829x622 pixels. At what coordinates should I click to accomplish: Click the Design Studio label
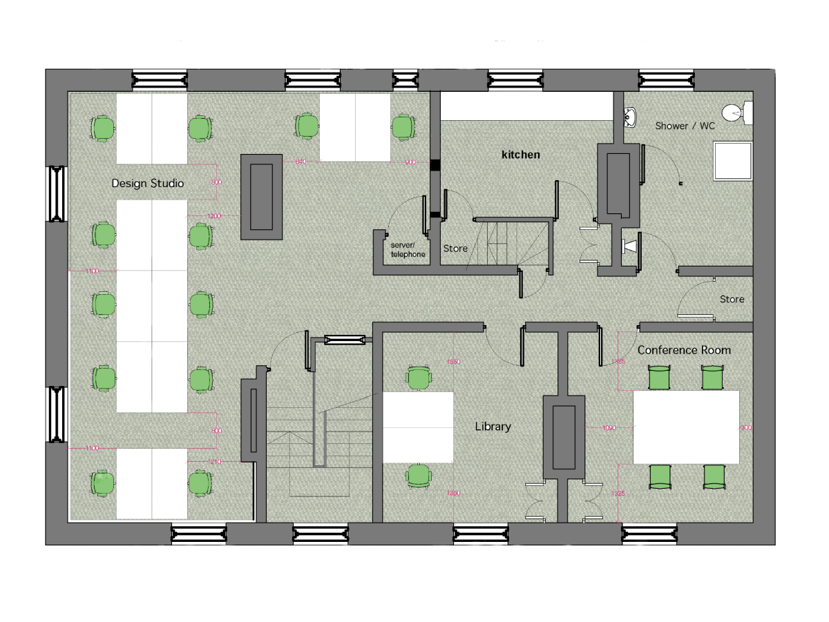(x=148, y=184)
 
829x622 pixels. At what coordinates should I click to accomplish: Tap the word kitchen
(x=521, y=155)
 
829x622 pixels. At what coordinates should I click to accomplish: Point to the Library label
(x=493, y=427)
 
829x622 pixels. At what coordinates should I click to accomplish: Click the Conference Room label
(x=684, y=351)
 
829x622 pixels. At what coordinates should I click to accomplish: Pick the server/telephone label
(x=408, y=250)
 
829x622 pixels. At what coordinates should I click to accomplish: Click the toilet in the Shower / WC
(x=736, y=112)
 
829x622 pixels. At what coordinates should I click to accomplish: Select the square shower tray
(x=732, y=161)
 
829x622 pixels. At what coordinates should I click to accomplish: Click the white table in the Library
(x=418, y=427)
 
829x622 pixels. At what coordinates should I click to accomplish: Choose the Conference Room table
(x=686, y=427)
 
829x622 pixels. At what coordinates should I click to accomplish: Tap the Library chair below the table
(x=418, y=476)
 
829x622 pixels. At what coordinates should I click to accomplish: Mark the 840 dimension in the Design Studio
(x=301, y=162)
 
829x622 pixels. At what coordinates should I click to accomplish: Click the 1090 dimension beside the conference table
(x=609, y=428)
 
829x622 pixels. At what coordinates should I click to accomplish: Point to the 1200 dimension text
(x=214, y=216)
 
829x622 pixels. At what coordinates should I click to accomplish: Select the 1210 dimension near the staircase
(x=214, y=461)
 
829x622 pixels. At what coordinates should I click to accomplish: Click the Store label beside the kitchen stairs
(x=455, y=249)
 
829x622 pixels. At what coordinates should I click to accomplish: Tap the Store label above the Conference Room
(x=732, y=299)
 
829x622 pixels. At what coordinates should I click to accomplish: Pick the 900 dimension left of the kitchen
(x=410, y=162)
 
